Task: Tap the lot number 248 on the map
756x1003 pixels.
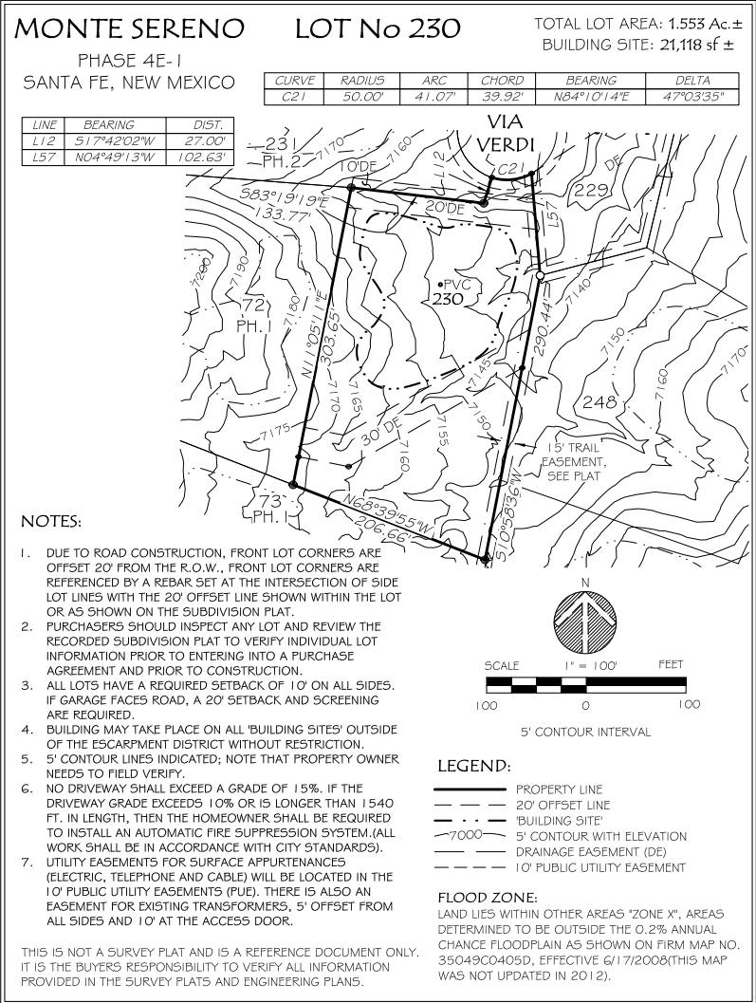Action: click(599, 402)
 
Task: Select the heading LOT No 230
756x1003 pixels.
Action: click(377, 29)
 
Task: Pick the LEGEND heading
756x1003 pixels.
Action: click(475, 766)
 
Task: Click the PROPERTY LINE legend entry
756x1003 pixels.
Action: click(559, 789)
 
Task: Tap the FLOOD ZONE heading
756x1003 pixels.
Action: click(488, 897)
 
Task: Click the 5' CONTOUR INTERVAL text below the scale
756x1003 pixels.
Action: click(585, 733)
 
